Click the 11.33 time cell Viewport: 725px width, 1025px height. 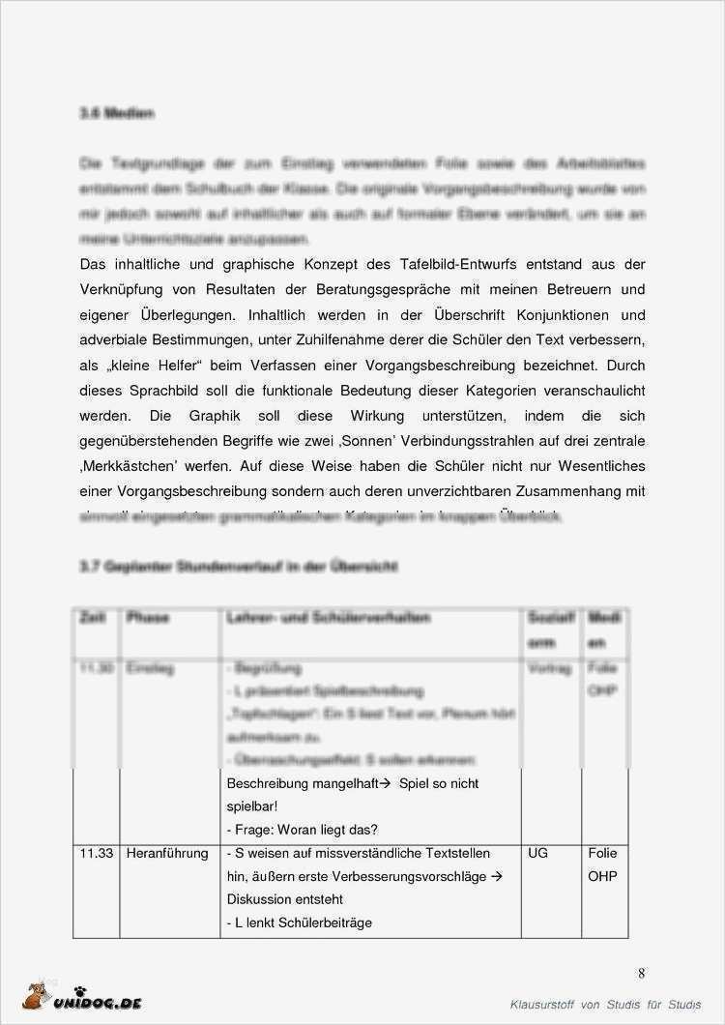coord(97,854)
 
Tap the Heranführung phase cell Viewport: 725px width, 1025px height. coord(167,854)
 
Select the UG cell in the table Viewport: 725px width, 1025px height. coord(537,854)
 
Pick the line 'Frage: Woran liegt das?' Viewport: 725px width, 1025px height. coord(302,830)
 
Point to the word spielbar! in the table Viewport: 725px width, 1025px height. coord(252,806)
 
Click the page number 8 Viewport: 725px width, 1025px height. coord(642,974)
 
